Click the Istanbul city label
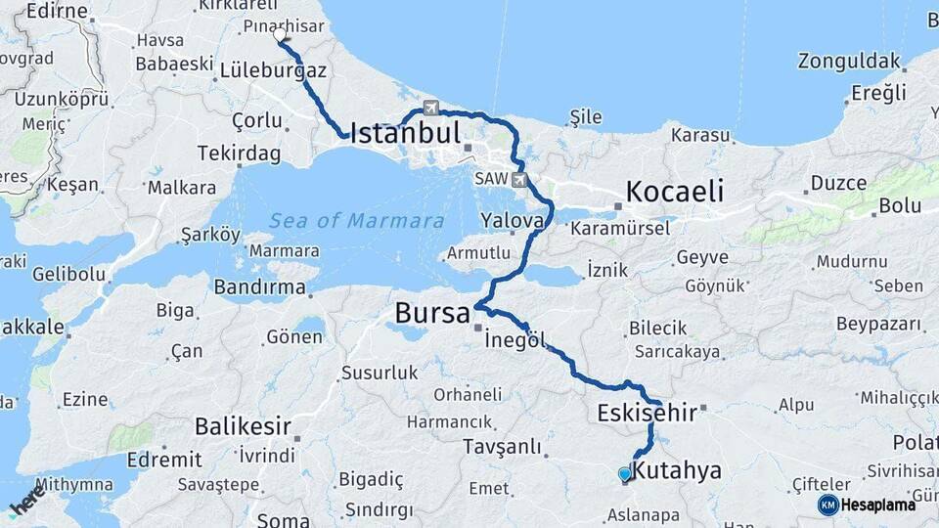point(404,132)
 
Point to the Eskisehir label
point(647,414)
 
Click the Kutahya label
point(676,470)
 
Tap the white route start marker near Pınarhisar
point(280,35)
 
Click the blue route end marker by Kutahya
point(624,474)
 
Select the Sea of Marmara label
point(357,221)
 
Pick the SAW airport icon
point(518,180)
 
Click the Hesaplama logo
point(867,505)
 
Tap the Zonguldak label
point(848,61)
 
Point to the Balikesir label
point(244,425)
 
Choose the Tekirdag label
point(239,154)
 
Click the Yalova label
point(512,221)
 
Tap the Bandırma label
point(259,287)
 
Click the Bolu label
point(900,205)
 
